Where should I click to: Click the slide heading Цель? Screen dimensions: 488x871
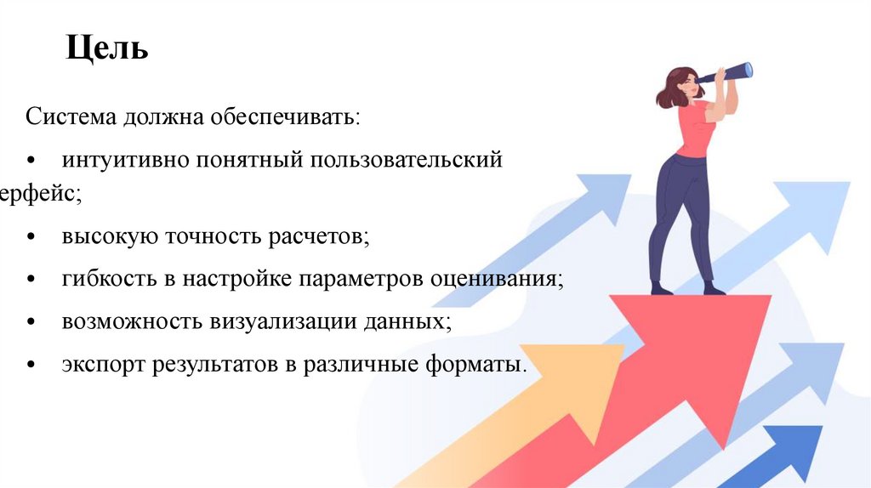[x=108, y=48]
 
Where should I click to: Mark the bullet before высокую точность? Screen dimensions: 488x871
[x=31, y=237]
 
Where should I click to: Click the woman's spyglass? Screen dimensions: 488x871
[x=732, y=74]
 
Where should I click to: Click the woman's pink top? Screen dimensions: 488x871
[x=693, y=128]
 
